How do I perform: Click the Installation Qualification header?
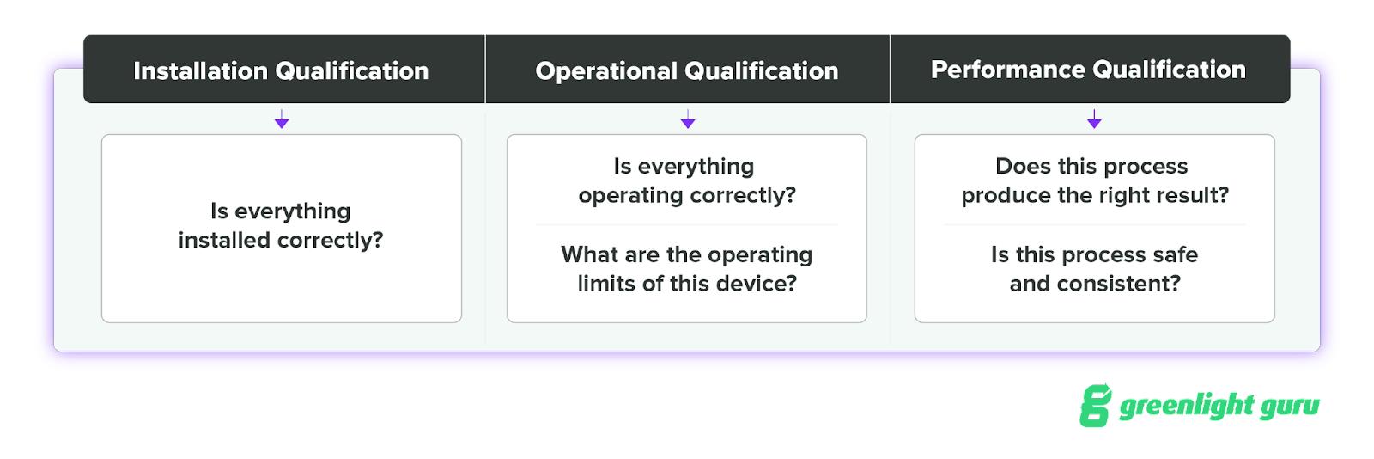pyautogui.click(x=281, y=70)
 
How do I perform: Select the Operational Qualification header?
pyautogui.click(x=687, y=70)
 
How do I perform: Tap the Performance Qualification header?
pyautogui.click(x=1089, y=70)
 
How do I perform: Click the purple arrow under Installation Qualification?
pyautogui.click(x=282, y=119)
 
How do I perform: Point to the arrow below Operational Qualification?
pyautogui.click(x=688, y=119)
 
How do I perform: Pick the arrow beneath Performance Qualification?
pyautogui.click(x=1094, y=119)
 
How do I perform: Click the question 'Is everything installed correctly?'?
pyautogui.click(x=281, y=225)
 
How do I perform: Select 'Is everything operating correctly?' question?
pyautogui.click(x=687, y=181)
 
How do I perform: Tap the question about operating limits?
pyautogui.click(x=687, y=269)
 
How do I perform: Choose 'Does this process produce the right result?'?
pyautogui.click(x=1095, y=181)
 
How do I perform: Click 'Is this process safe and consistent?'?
pyautogui.click(x=1095, y=269)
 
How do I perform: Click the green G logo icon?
pyautogui.click(x=1096, y=405)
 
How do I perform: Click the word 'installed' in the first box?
pyautogui.click(x=225, y=240)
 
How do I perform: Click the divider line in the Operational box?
pyautogui.click(x=687, y=225)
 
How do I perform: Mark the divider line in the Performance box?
pyautogui.click(x=1095, y=225)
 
